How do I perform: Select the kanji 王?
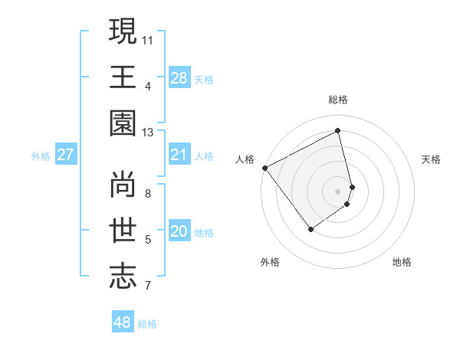(x=123, y=77)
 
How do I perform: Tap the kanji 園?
(x=123, y=124)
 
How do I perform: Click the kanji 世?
(x=123, y=231)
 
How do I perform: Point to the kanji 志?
(x=123, y=277)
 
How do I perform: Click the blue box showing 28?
(x=179, y=78)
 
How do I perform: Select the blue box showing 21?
(x=179, y=155)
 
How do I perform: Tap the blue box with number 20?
(x=179, y=232)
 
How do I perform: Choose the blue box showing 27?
(x=65, y=155)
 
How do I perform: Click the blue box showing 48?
(x=123, y=322)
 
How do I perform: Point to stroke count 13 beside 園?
(x=147, y=133)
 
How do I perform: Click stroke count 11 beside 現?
(x=147, y=38)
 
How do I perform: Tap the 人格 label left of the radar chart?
(x=245, y=159)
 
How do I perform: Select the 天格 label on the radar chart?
(x=432, y=159)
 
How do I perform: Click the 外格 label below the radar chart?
(x=270, y=263)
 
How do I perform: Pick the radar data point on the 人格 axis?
(x=264, y=168)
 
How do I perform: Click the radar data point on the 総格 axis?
(x=338, y=131)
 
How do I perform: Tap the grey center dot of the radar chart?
(x=338, y=191)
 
